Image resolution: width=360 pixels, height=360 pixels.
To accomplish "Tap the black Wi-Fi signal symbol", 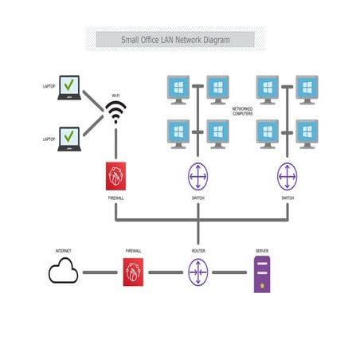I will coord(116,112).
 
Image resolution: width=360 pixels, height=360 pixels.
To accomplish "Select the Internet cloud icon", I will coord(63,273).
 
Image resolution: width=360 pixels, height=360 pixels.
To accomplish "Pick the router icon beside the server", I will coord(197,272).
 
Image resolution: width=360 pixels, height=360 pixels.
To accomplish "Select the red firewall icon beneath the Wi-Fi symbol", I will coord(116,175).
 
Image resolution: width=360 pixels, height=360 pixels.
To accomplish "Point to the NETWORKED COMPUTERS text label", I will coord(243,112).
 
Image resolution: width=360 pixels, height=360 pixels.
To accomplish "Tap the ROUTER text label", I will coord(197,250).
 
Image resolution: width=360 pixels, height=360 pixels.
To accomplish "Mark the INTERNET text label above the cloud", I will coord(63,250).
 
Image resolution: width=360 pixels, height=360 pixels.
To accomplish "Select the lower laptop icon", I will coord(70,139).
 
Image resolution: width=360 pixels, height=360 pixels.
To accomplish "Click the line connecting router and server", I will coord(229,272).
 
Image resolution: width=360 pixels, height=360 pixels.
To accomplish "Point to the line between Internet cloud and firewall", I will coord(99,272).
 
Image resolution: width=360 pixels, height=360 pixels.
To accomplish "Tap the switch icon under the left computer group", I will coord(197,175).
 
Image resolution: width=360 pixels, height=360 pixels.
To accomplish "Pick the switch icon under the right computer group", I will coord(288,175).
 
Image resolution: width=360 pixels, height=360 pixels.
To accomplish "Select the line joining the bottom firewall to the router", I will coord(165,272).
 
